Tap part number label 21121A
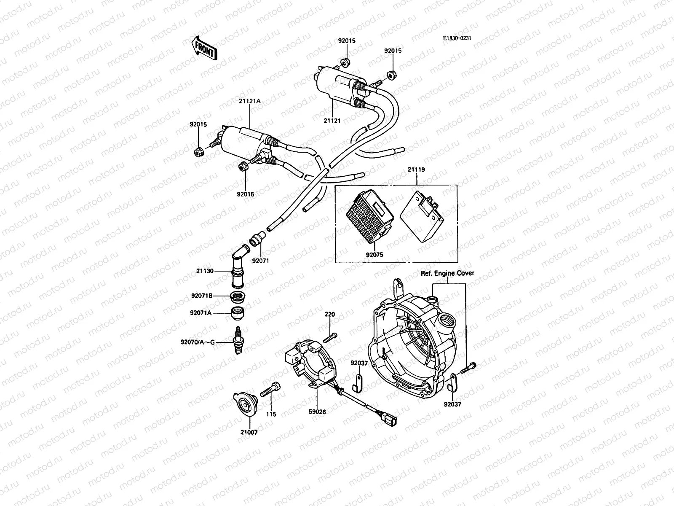(x=250, y=101)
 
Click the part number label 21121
(x=332, y=121)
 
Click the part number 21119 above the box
(x=416, y=170)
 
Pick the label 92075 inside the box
(x=374, y=255)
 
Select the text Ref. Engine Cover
(x=447, y=273)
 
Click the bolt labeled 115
(x=270, y=390)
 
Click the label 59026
(x=317, y=412)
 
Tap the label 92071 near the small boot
(x=260, y=261)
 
